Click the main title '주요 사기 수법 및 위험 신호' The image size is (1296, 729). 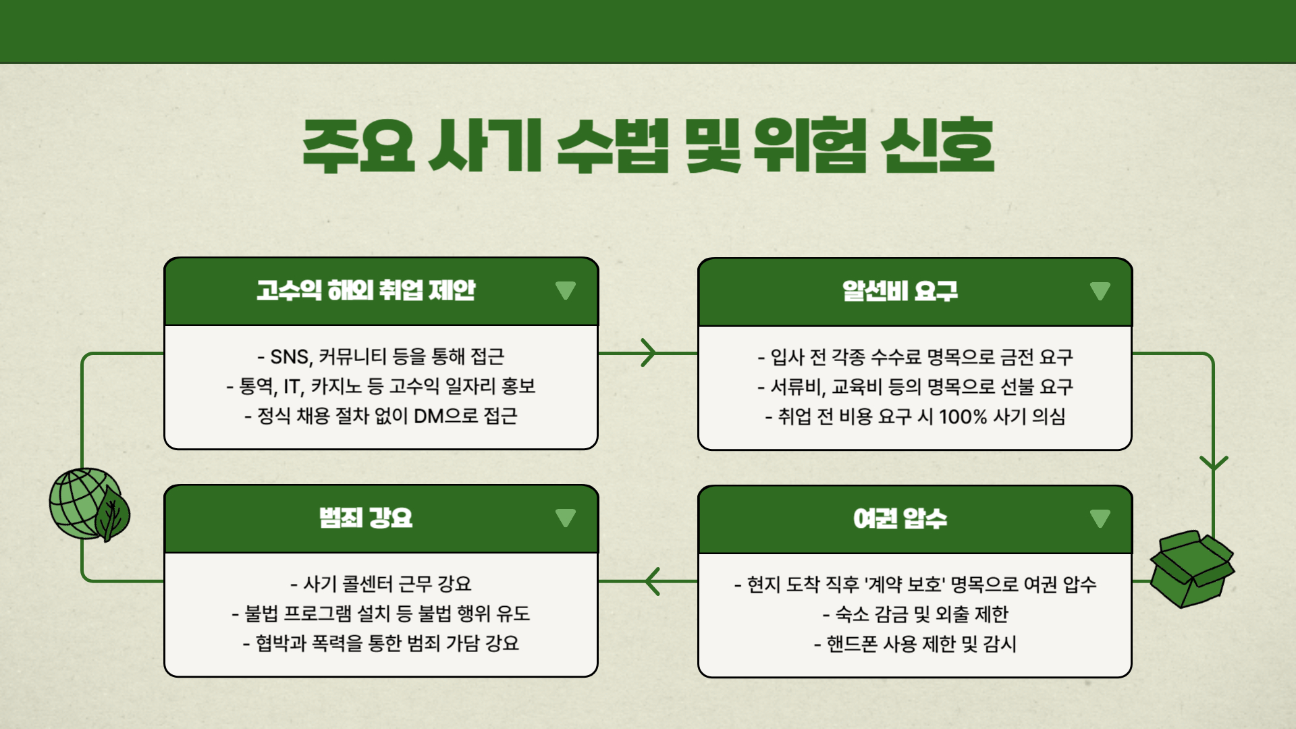tap(648, 145)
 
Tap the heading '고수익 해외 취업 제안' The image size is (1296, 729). tap(366, 290)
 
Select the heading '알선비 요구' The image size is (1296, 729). tap(900, 291)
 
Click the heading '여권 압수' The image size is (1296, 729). tap(900, 518)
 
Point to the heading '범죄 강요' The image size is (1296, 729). tap(366, 518)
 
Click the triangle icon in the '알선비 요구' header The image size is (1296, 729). tap(1100, 291)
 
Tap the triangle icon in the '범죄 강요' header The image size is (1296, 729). tap(565, 518)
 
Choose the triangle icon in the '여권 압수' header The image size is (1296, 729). tap(1100, 518)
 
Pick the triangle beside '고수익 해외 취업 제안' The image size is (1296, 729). tap(565, 290)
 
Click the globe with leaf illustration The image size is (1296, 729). tap(88, 505)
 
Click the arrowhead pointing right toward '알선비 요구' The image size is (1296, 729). tap(649, 353)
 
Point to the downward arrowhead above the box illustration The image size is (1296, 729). tap(1213, 463)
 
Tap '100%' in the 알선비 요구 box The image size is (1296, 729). tap(963, 416)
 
